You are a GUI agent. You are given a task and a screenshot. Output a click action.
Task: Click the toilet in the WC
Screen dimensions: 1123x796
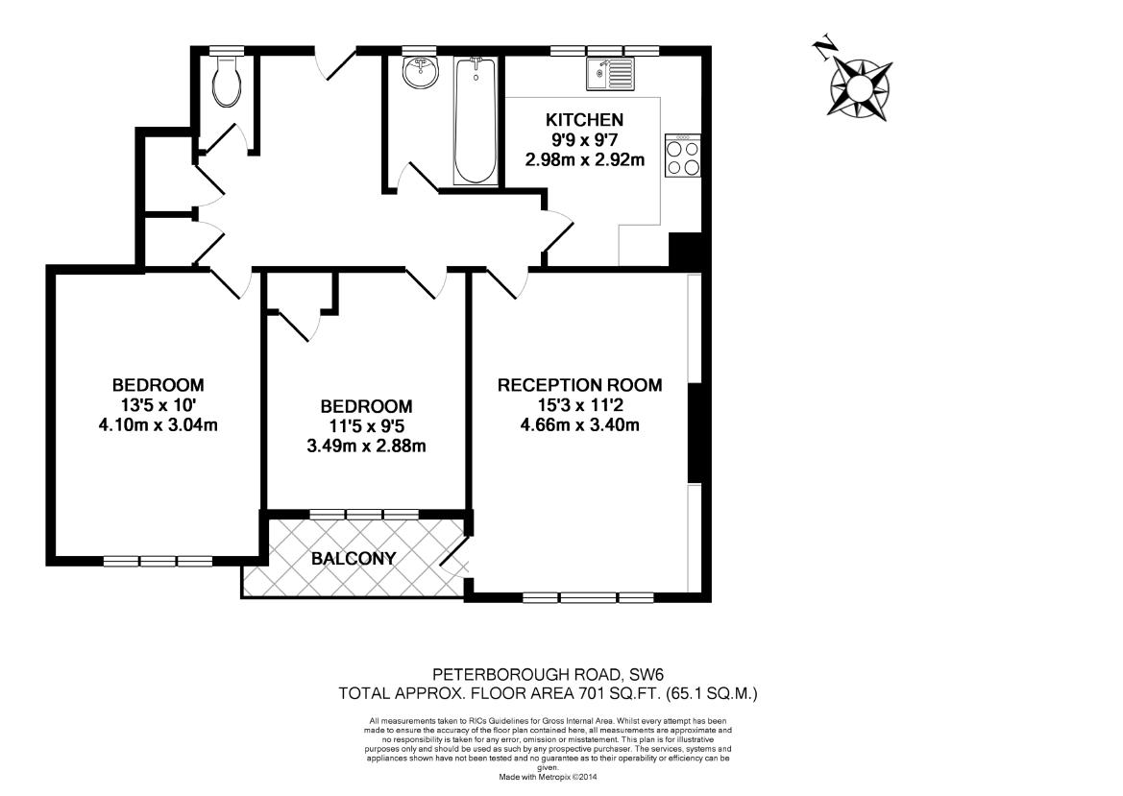coord(228,83)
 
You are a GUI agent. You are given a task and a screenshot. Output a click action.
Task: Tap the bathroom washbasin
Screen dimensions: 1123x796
coord(419,72)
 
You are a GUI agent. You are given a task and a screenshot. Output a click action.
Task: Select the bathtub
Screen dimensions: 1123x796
coord(476,121)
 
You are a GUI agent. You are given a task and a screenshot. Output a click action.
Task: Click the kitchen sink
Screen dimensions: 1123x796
coord(611,73)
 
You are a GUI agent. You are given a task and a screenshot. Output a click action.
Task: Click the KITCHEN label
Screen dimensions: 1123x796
coord(584,120)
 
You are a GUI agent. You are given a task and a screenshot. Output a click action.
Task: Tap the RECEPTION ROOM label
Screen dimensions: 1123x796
coord(579,385)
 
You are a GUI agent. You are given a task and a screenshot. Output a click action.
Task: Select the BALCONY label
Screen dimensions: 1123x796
coord(353,558)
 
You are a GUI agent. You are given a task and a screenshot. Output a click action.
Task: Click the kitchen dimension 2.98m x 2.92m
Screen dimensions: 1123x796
coord(584,160)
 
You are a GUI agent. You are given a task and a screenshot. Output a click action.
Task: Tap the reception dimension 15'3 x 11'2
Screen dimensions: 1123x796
coord(579,405)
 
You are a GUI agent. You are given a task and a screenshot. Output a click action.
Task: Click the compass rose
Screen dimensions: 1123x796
coord(860,84)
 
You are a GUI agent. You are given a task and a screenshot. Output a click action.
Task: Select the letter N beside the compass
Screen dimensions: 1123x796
coord(823,49)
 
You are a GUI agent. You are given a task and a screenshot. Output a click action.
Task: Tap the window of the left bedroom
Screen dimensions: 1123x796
coord(158,561)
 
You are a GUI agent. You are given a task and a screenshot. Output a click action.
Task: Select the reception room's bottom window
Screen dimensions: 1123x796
coord(587,597)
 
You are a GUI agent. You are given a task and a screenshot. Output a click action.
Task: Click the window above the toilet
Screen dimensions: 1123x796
coord(227,49)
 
